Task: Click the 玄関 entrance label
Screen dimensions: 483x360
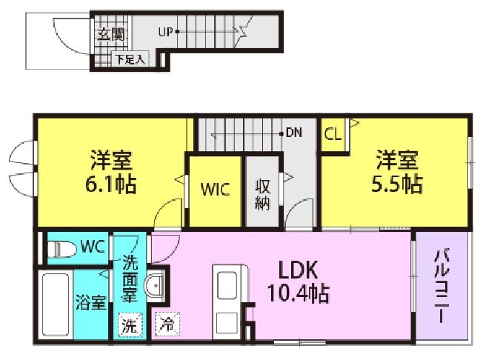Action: (110, 34)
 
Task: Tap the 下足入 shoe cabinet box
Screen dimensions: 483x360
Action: (130, 59)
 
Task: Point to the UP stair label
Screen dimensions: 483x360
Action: (166, 32)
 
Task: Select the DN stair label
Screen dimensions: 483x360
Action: (294, 133)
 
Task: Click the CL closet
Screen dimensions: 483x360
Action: (333, 135)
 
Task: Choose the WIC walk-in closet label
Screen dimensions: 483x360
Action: (215, 189)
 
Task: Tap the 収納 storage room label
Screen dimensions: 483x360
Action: (262, 194)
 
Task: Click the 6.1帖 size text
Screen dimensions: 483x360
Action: (110, 184)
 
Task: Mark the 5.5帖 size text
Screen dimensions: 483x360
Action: (397, 184)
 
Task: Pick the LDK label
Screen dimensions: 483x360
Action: (298, 270)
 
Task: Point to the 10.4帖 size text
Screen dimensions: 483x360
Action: (299, 293)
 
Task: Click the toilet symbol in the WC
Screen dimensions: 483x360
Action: (62, 249)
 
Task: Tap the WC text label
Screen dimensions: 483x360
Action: (93, 247)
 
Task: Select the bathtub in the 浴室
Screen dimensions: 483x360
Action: (56, 304)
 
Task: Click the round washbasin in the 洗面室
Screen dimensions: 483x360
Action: (155, 285)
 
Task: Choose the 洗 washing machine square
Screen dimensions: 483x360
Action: (130, 325)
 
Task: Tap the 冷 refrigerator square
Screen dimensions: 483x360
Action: (167, 324)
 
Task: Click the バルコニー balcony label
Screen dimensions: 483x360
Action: (442, 285)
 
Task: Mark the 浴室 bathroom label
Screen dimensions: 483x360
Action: (91, 302)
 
